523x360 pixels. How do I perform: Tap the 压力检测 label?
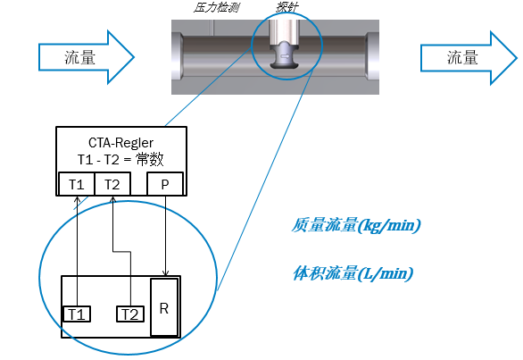coord(217,7)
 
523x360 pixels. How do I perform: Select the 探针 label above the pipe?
coord(287,7)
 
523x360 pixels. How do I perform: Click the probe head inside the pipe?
coord(285,55)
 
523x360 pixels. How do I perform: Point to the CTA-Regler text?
coord(120,143)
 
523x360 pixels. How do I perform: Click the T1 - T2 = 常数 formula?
coord(120,159)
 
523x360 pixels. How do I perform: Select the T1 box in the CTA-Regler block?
coord(77,184)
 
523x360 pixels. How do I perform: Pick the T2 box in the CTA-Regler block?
coord(112,184)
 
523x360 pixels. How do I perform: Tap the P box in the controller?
coord(165,184)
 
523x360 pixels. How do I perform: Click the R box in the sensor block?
coord(163,307)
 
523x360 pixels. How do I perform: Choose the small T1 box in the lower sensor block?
coord(77,314)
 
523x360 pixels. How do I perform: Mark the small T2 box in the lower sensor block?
coord(130,314)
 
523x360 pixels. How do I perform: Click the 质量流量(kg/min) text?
coord(356,225)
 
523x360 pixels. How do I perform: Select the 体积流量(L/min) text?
coord(353,273)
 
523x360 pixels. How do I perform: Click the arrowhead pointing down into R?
coord(165,272)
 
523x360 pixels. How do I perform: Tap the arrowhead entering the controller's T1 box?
coord(77,199)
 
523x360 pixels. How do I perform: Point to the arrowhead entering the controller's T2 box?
coord(112,199)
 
